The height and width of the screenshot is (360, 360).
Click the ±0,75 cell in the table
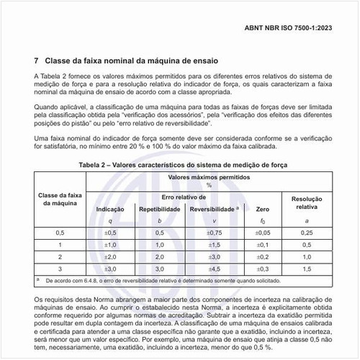pyautogui.click(x=214, y=233)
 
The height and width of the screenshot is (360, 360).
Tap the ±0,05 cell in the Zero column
pyautogui.click(x=263, y=233)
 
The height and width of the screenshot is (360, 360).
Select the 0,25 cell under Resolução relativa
pyautogui.click(x=307, y=233)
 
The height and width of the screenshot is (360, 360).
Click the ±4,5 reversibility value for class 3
pyautogui.click(x=214, y=268)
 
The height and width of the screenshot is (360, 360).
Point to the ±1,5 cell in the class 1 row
pyautogui.click(x=214, y=245)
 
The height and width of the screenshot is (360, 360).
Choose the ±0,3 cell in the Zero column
pyautogui.click(x=263, y=268)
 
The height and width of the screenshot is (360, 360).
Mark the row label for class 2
pyautogui.click(x=60, y=256)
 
